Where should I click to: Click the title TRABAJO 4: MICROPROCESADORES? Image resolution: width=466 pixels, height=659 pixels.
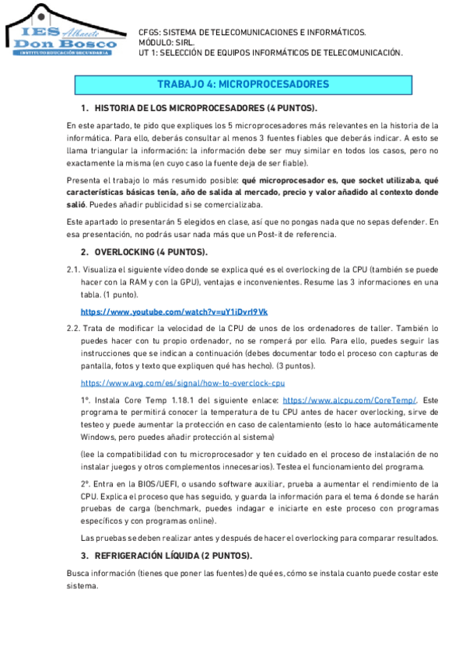pos(243,84)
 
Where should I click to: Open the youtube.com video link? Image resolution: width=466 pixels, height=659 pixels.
pos(174,312)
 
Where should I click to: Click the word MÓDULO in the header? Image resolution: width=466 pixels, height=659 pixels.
pos(154,43)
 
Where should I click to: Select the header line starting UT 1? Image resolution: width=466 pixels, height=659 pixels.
pos(269,53)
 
